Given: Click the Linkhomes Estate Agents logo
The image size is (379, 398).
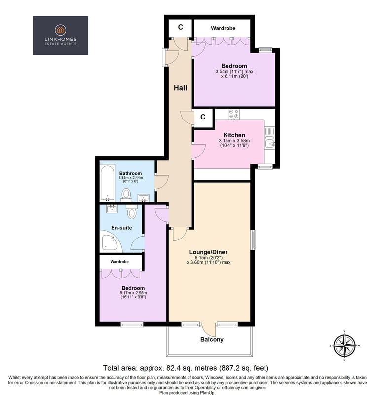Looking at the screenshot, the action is [x=60, y=35].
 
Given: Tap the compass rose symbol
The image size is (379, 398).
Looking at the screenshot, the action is [x=344, y=346].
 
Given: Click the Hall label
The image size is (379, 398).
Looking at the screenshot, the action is [x=180, y=88].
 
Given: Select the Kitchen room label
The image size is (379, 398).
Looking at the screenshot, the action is [x=234, y=135].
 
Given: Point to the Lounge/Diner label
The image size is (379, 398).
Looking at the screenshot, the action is [x=208, y=252].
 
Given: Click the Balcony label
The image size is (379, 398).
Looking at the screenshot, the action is [x=212, y=339].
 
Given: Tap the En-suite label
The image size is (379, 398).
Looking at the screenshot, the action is [x=121, y=228].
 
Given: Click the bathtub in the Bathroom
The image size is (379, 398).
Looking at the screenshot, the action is [x=107, y=183].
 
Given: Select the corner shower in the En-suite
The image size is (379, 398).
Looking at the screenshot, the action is [x=111, y=241].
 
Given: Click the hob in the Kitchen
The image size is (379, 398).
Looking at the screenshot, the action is [x=233, y=114].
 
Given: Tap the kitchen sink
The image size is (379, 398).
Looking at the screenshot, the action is [x=269, y=142].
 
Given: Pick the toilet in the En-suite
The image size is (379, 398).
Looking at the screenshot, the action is [x=131, y=212].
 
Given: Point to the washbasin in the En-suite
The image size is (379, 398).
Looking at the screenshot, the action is [x=112, y=209].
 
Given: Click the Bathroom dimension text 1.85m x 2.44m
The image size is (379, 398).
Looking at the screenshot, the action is [x=131, y=178].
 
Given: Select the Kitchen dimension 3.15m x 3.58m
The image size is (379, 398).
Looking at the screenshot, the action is [x=234, y=141].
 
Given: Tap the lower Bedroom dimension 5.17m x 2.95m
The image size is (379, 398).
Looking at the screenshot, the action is [x=133, y=293].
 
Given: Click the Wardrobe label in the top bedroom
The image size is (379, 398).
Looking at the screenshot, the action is [x=223, y=28].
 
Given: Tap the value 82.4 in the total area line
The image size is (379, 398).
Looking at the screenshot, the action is [x=173, y=368].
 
